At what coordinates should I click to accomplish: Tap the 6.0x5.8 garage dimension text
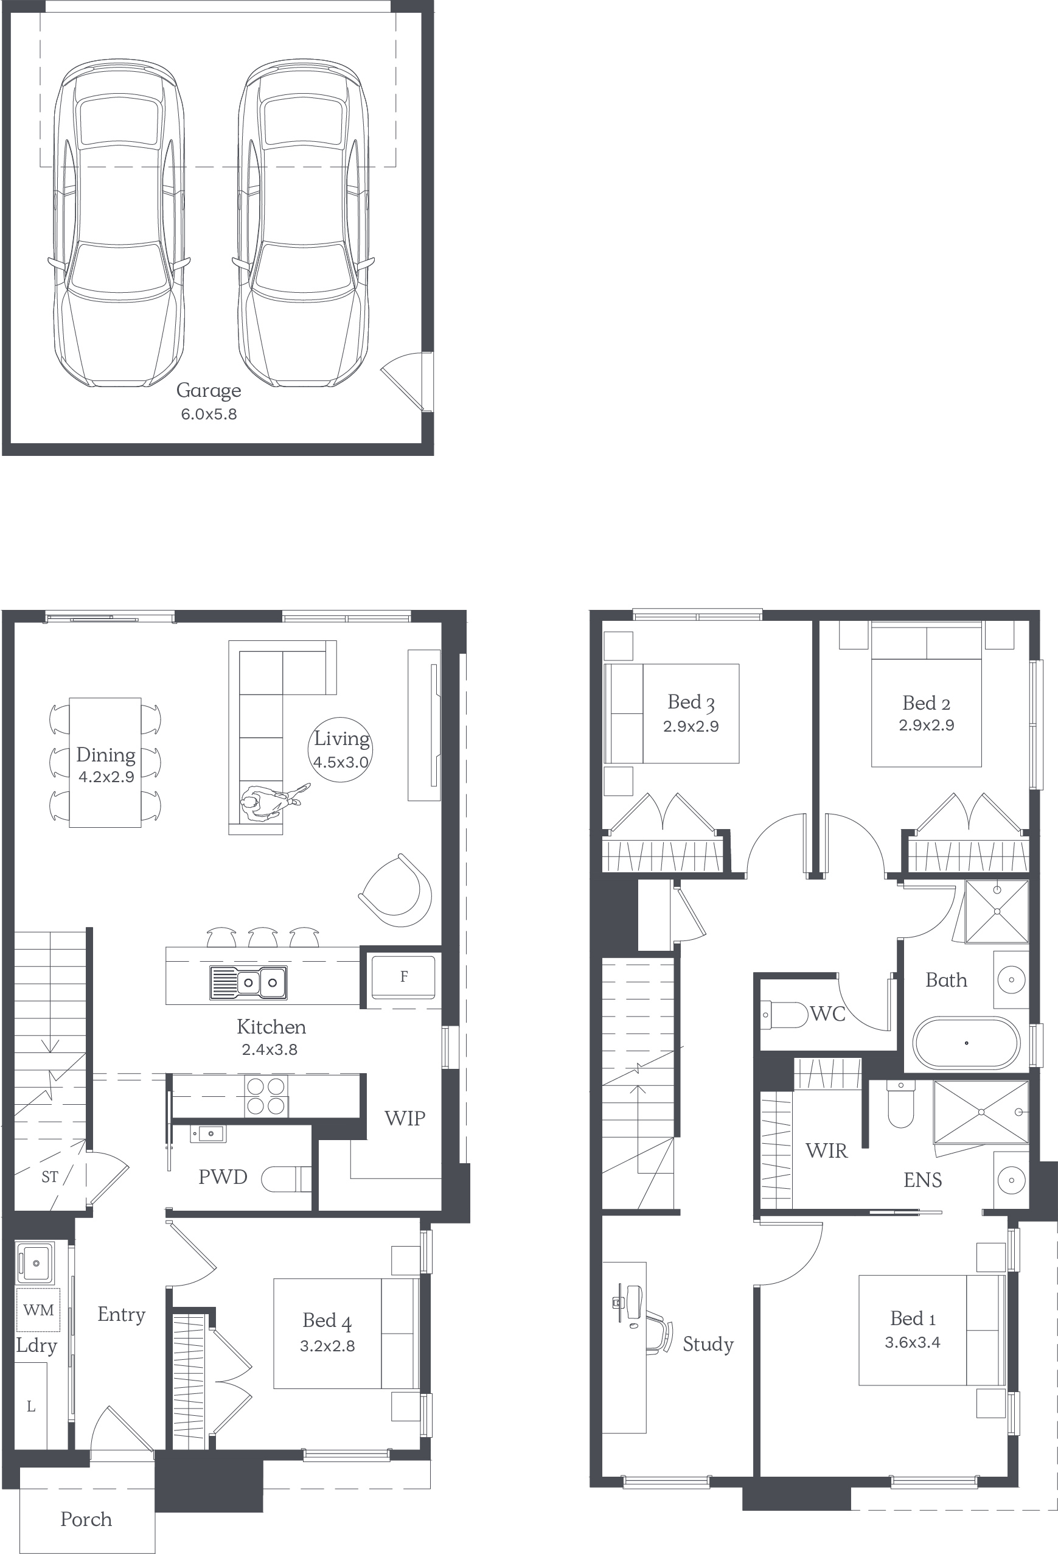point(209,414)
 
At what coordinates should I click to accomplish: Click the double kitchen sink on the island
point(249,982)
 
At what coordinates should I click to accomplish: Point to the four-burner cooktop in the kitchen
point(266,1095)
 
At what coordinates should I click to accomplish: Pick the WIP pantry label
point(405,1118)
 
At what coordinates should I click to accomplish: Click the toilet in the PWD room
point(286,1180)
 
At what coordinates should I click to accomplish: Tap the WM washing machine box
point(38,1309)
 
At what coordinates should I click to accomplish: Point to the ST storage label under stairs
point(49,1176)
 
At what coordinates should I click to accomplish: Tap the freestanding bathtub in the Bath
point(966,1043)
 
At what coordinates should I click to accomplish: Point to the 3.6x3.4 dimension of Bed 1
point(913,1342)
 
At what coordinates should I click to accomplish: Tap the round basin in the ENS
point(1011,1180)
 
